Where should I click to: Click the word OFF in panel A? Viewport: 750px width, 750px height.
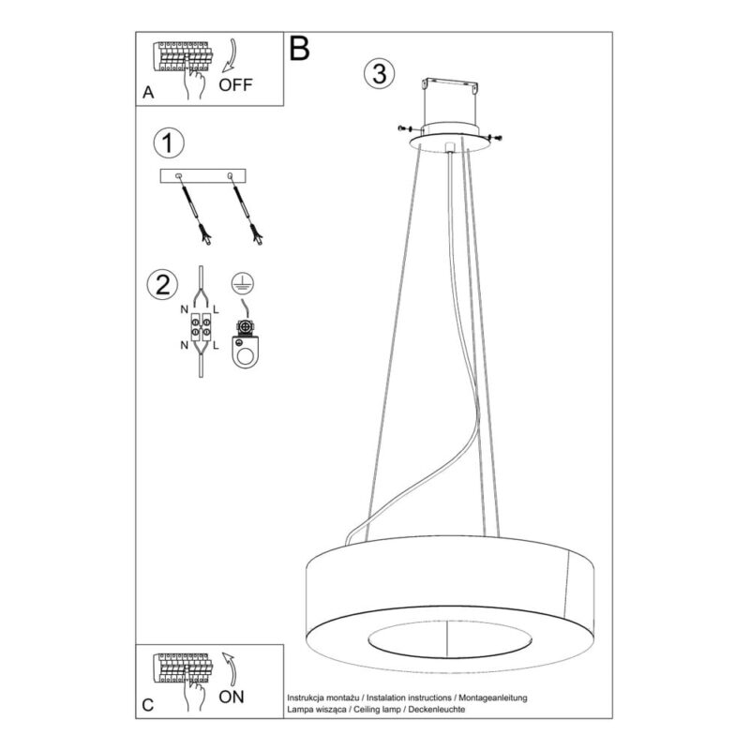(x=235, y=84)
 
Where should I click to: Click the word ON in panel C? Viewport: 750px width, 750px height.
(x=232, y=697)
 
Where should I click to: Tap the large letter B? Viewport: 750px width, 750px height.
(x=299, y=49)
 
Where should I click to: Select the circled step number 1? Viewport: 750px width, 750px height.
(x=169, y=143)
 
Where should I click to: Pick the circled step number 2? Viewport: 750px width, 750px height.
(x=162, y=285)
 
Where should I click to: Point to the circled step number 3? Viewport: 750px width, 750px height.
(x=380, y=74)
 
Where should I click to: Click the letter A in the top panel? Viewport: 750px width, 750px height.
(x=148, y=92)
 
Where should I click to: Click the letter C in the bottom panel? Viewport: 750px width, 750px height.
(x=148, y=705)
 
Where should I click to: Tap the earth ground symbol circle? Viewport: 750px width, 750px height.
(x=243, y=283)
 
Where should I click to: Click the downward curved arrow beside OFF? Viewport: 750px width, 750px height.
(x=230, y=55)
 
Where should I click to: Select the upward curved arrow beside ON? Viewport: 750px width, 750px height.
(x=230, y=668)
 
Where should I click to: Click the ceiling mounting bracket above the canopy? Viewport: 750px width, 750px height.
(x=450, y=85)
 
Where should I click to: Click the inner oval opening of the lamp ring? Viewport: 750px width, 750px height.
(x=450, y=639)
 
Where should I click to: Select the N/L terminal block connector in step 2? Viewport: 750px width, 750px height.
(x=201, y=326)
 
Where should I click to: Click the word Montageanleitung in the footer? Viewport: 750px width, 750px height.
(x=493, y=697)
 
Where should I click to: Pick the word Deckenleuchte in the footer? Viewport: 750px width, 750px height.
(x=436, y=709)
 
